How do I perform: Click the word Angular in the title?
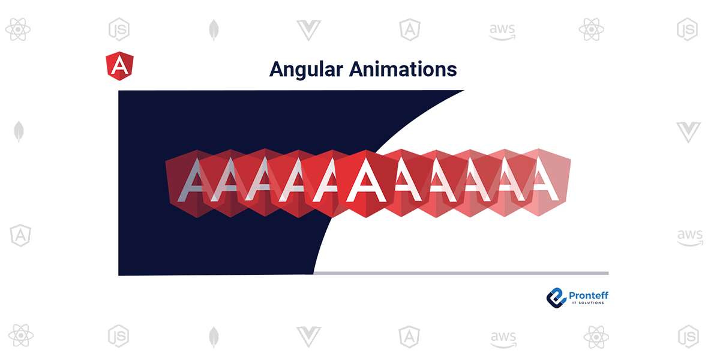[x=307, y=70]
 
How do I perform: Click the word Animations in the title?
[x=403, y=69]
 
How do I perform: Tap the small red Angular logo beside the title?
[x=119, y=66]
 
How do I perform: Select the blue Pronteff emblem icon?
[x=556, y=298]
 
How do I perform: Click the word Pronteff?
[x=589, y=295]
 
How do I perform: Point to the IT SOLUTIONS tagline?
[x=588, y=303]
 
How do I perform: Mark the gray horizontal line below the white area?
[x=461, y=273]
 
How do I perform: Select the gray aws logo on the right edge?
[x=690, y=238]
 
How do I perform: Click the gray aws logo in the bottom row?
[x=503, y=340]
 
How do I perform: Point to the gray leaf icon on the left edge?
[x=19, y=131]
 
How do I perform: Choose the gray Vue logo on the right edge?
[x=689, y=132]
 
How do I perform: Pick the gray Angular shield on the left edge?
[x=20, y=235]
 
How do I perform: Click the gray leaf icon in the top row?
[x=214, y=30]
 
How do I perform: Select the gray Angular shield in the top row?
[x=410, y=30]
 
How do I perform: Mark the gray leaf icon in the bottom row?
[x=214, y=337]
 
